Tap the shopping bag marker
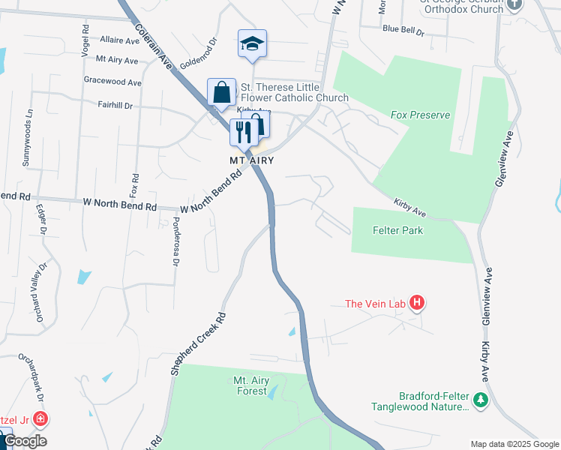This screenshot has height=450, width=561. coord(222,94)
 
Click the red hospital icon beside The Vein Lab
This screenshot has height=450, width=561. coord(418,304)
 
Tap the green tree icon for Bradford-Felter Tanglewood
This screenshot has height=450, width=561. coord(480,400)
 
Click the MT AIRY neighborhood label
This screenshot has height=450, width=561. coord(251,160)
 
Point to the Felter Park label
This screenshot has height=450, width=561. coord(397,230)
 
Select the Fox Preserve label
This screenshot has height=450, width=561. coord(420,115)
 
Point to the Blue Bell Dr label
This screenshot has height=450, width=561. coord(403,31)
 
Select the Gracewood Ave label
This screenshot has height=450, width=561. coord(112,82)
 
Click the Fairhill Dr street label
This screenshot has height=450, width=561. coord(115,106)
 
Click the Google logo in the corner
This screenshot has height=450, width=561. coord(25,441)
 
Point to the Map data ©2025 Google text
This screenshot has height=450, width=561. coord(514,444)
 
